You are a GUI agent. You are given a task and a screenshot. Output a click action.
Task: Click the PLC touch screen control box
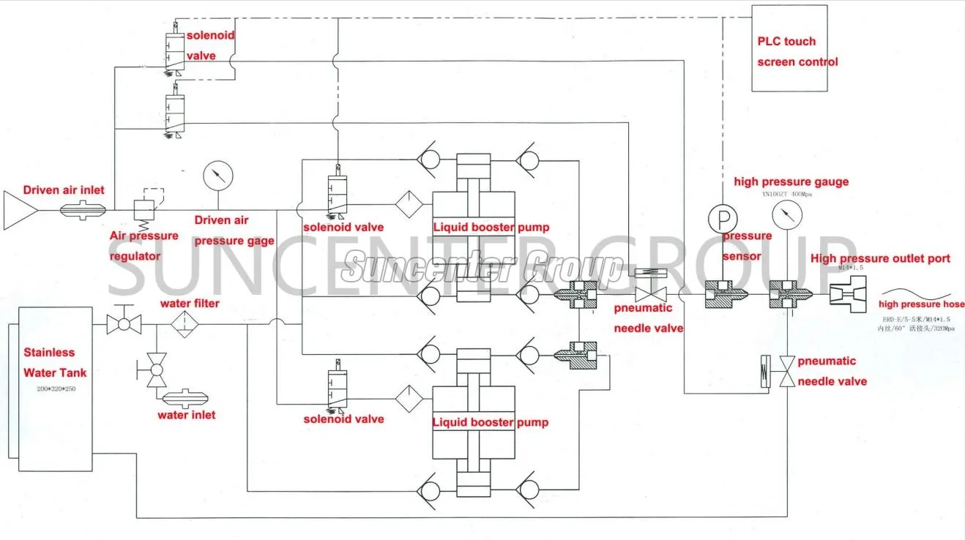[x=790, y=48]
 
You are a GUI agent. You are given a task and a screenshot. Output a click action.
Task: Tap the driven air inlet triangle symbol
[x=20, y=211]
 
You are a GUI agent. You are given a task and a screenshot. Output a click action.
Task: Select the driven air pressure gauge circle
[x=217, y=176]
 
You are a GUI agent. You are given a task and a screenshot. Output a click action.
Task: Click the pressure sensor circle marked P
[x=721, y=218]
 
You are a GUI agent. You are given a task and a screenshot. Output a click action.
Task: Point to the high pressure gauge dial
[x=786, y=214]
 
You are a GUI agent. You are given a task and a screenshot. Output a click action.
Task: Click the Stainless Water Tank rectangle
[x=50, y=388]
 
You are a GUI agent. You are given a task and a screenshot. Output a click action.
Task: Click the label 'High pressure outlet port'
[x=880, y=258]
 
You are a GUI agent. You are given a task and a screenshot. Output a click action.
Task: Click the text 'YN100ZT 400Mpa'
[x=786, y=194]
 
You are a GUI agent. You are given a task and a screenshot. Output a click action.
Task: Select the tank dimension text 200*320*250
[x=56, y=389]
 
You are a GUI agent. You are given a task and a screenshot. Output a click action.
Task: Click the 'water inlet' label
[x=187, y=415]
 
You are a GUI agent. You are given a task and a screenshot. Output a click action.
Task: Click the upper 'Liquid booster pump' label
[x=490, y=228]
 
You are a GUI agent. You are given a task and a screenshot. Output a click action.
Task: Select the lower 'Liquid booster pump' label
[x=490, y=422]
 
